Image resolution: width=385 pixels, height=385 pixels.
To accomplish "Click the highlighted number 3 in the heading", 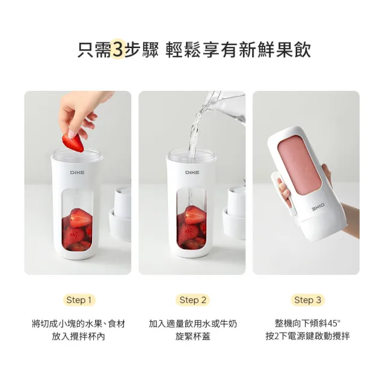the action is coord(118,50).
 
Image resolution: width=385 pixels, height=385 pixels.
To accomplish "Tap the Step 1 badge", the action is coord(79,300).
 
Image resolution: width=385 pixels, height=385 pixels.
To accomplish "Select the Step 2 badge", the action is coord(192,300).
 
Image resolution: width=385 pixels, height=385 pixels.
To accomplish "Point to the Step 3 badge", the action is coord(307,300).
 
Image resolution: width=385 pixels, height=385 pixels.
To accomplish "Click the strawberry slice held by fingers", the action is coord(73,143).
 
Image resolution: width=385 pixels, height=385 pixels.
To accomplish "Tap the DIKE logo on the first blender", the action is coord(78,173).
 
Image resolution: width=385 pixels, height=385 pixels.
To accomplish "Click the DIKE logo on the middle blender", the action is coord(192,173).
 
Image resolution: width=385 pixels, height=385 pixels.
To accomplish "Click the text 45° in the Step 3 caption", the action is coord(334,324).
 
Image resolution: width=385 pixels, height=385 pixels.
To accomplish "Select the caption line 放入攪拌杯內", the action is coord(79,336).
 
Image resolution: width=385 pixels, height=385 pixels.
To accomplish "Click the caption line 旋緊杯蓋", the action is coord(192,336).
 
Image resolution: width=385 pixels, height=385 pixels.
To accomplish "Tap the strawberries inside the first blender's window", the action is coord(77,229).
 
